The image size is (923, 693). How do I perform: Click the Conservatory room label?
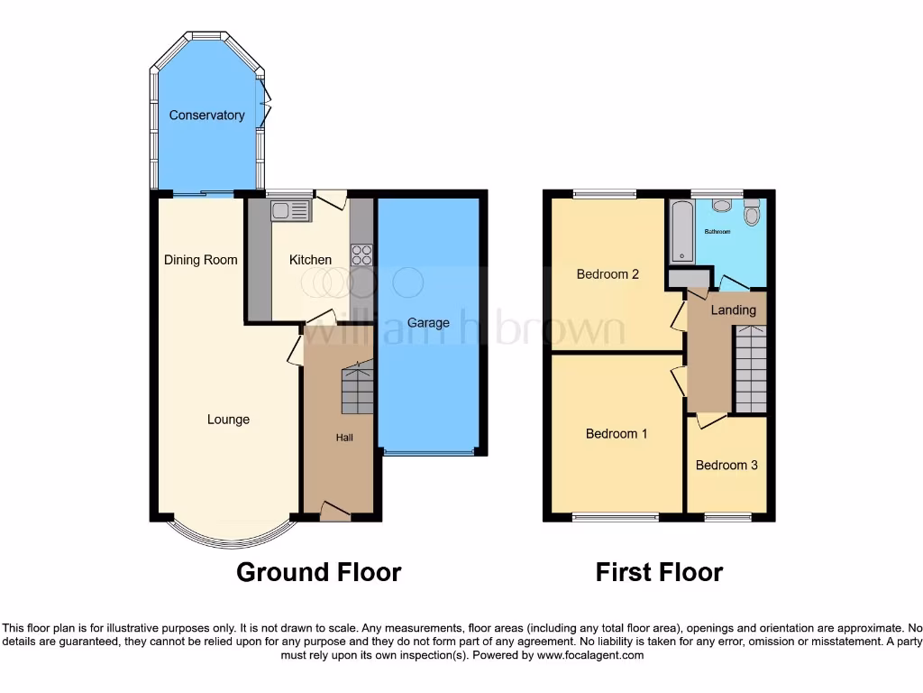pos(206,115)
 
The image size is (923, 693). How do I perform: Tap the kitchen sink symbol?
pos(290,211)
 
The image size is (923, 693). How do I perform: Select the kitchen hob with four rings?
pos(361,254)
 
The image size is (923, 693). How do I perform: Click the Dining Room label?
pos(200,260)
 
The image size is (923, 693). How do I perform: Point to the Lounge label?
pos(228,420)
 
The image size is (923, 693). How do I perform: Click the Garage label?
pos(428,322)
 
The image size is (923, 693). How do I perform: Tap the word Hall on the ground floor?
pos(344,438)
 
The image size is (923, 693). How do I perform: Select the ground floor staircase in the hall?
pos(357,389)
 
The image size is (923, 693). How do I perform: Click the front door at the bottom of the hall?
pos(335,512)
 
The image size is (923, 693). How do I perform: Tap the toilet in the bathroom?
pos(752,213)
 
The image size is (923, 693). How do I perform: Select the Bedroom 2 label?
pos(608,274)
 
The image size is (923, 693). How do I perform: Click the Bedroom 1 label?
pos(617,434)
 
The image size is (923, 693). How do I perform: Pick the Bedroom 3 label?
pos(726,466)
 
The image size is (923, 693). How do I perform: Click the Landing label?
pos(733,310)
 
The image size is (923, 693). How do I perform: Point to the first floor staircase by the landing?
pos(750,368)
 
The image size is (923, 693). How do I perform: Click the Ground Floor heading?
pos(318,572)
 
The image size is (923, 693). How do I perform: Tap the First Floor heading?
pos(659,572)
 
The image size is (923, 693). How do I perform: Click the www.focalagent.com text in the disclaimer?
pos(590,655)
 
